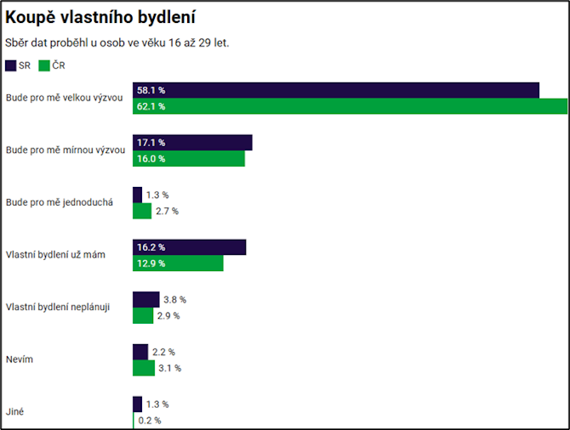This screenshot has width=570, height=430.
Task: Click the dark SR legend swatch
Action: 10,65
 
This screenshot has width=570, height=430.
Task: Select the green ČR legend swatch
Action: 44,65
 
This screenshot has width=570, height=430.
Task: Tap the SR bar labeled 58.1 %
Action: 336,90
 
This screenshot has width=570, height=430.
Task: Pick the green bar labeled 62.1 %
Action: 350,106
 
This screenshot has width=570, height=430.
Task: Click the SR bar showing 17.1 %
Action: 192,143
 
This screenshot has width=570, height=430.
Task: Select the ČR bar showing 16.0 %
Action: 189,159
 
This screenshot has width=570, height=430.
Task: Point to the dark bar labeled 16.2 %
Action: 189,247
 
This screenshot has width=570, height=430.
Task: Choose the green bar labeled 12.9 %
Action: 178,263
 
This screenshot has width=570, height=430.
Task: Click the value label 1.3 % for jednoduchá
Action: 157,195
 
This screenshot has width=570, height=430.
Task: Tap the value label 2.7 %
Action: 167,211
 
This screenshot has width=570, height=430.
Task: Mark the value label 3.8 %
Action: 174,299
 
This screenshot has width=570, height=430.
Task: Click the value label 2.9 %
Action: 168,316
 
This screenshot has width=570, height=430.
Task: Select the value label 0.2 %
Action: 150,421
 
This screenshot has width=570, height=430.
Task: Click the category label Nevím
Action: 19,359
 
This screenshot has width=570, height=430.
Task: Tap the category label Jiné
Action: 15,411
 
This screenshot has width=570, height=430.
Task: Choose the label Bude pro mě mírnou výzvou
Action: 65,150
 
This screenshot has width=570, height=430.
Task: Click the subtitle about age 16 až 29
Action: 117,42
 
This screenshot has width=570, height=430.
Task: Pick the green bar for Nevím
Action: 144,368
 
